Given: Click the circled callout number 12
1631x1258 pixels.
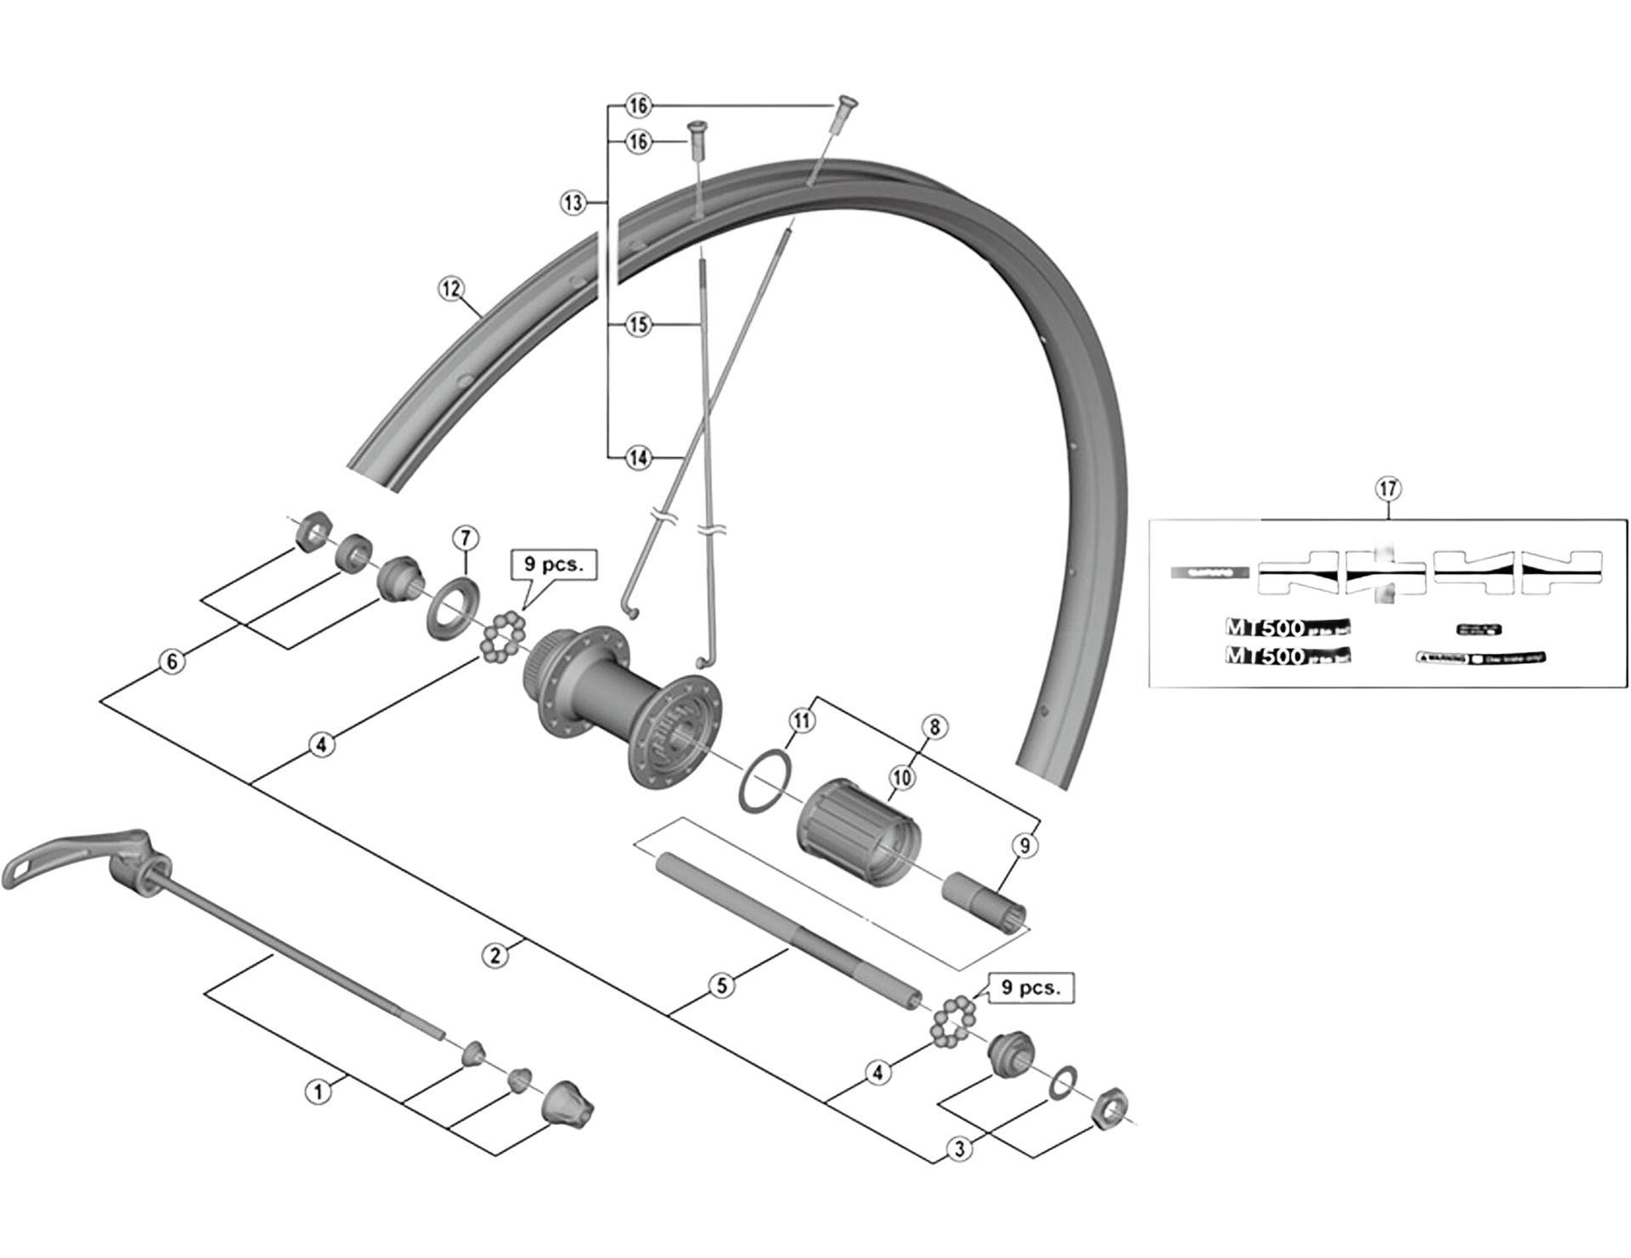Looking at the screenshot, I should (x=451, y=289).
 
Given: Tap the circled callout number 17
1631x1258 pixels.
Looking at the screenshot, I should (x=1387, y=488).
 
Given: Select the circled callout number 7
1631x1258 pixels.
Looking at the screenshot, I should (x=465, y=538).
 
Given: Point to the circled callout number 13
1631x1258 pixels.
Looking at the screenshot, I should (x=573, y=203).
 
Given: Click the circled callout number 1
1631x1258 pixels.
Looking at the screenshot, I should (x=319, y=1092).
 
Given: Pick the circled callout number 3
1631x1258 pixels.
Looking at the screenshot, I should (x=960, y=1149).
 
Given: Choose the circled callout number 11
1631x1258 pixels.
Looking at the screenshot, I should (x=802, y=720).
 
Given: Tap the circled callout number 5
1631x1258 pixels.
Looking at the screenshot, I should (x=722, y=986).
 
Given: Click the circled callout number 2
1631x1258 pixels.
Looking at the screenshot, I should (x=496, y=956).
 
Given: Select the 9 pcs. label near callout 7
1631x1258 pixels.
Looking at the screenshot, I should (x=554, y=565).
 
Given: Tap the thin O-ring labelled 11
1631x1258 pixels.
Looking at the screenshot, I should (x=765, y=780).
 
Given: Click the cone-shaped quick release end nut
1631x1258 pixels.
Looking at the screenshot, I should (x=567, y=1105).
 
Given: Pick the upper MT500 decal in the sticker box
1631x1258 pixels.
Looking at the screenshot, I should (x=1287, y=628).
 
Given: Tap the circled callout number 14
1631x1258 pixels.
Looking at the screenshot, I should (x=638, y=458).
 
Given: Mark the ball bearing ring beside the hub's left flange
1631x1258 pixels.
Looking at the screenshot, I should (x=503, y=636).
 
